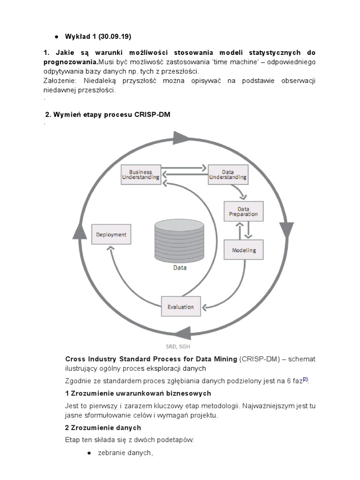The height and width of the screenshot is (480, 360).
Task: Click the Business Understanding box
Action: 141,175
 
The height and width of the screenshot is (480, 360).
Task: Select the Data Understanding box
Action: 228,175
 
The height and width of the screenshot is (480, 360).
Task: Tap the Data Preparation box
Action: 243,211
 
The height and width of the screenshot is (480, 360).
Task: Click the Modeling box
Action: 244,250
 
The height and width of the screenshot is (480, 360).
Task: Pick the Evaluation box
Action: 180,307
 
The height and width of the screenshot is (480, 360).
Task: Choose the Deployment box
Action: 111,234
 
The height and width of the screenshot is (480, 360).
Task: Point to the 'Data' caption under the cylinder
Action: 180,268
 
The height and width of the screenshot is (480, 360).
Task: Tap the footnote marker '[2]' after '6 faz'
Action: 305,379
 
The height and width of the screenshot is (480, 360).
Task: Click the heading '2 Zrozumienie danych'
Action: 103,427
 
